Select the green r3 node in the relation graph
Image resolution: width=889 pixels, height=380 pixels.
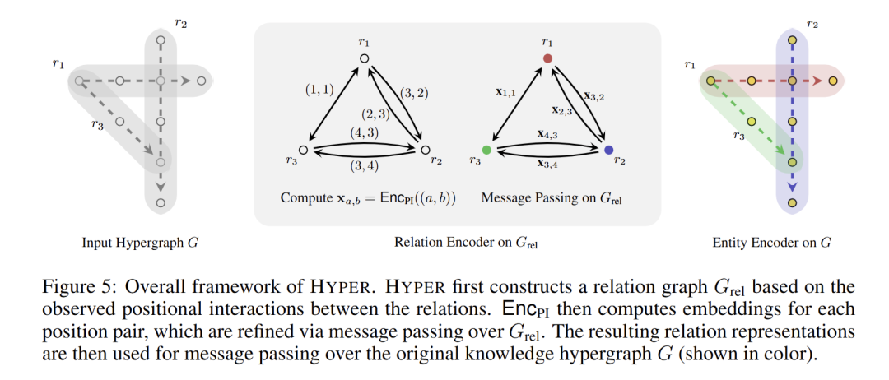click(x=486, y=151)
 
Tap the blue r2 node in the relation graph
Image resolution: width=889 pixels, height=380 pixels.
click(x=608, y=151)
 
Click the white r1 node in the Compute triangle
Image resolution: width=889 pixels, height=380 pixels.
click(x=364, y=58)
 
